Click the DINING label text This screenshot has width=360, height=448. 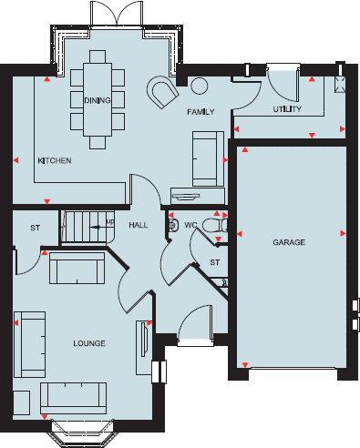(x=97, y=100)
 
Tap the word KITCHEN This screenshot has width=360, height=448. (x=54, y=161)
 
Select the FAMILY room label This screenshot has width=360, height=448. (x=200, y=111)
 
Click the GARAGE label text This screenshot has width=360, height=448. (x=288, y=243)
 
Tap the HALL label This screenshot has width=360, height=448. (x=138, y=224)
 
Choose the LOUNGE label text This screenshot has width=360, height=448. (x=89, y=343)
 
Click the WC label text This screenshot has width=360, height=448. (x=190, y=224)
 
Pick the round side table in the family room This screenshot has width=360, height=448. (x=198, y=87)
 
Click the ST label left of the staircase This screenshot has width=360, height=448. (x=36, y=228)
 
